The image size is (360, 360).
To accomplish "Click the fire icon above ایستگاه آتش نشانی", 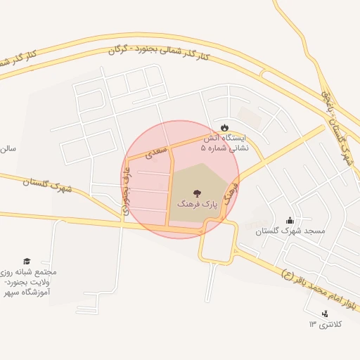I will click(224, 127).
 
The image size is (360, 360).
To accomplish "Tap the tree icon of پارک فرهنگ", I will click(198, 192).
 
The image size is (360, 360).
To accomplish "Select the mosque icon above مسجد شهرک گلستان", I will click(290, 220).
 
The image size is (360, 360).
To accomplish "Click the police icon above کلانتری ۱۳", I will click(324, 314).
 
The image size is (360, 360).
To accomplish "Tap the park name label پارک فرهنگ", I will click(198, 205).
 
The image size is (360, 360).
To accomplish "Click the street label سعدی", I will click(155, 151).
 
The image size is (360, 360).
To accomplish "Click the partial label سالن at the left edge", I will click(7, 149).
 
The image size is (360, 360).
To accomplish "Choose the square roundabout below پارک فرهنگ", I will click(217, 241).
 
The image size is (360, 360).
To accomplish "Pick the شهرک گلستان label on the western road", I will click(47, 185).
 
